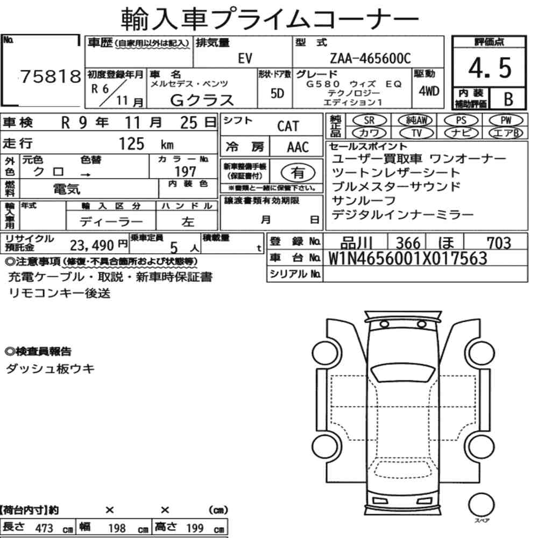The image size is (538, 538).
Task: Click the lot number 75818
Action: pyautogui.click(x=51, y=76)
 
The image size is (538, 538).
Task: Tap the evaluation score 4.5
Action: pyautogui.click(x=490, y=68)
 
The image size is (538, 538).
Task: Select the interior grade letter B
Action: pyautogui.click(x=508, y=100)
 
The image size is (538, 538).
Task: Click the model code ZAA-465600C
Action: pyautogui.click(x=370, y=59)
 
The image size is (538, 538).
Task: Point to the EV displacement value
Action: pyautogui.click(x=245, y=59)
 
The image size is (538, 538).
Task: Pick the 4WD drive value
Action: pyautogui.click(x=429, y=91)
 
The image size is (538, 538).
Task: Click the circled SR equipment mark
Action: pyautogui.click(x=370, y=121)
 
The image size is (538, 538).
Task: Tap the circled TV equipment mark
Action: pyautogui.click(x=416, y=133)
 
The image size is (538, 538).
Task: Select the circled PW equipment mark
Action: pyautogui.click(x=506, y=121)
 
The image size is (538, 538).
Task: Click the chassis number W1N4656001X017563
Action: pyautogui.click(x=408, y=258)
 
